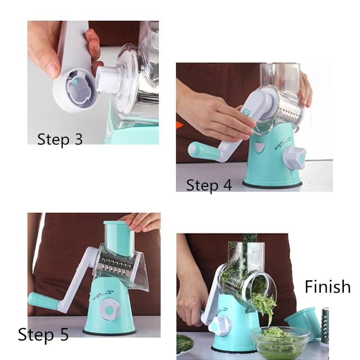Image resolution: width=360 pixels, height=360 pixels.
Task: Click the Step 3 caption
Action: [x=60, y=139]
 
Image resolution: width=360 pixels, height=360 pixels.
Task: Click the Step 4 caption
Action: [x=209, y=185]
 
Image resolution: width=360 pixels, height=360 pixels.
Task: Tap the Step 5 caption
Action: [x=43, y=334]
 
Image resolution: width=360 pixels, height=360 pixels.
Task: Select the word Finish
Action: [x=328, y=287]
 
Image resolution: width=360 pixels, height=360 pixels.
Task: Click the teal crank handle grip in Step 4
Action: [x=204, y=151]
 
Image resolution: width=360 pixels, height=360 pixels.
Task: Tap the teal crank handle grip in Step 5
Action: [x=44, y=301]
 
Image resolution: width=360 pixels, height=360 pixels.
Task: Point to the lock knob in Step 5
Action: [x=109, y=309]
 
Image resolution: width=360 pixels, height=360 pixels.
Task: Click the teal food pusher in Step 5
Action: [x=119, y=238]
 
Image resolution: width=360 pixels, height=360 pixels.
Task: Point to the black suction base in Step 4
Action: [x=272, y=185]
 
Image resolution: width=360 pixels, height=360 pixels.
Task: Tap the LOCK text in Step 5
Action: [x=110, y=292]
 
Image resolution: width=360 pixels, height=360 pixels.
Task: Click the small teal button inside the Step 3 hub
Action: [x=75, y=81]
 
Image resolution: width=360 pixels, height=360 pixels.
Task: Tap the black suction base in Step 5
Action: [x=109, y=333]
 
